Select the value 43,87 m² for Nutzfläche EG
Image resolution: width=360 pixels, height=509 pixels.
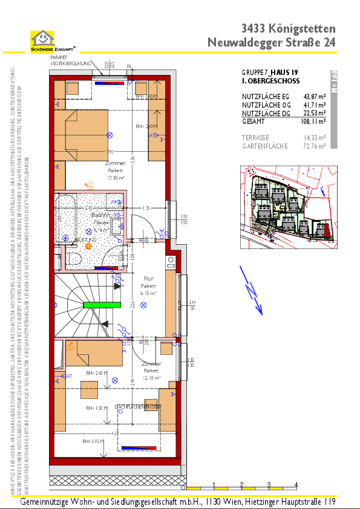point(314,96)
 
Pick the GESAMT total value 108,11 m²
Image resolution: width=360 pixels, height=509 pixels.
point(313,121)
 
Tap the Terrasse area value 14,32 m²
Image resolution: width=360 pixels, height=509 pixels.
point(314,137)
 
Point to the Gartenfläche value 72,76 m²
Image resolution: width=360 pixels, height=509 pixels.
point(314,146)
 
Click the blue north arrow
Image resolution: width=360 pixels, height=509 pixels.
point(253,297)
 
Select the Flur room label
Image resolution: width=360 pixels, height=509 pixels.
point(148,279)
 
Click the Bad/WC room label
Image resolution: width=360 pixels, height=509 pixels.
point(100,215)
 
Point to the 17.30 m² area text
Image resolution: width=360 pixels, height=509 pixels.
point(115,178)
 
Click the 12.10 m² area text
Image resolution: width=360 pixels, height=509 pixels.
point(151,377)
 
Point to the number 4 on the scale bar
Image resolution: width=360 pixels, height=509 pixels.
point(295,485)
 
